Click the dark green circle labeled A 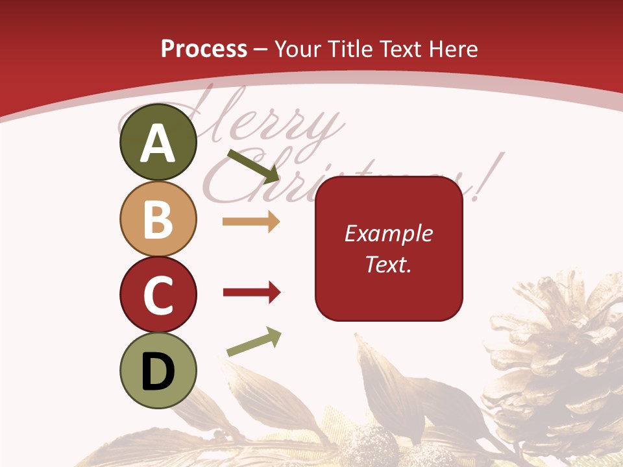click(158, 142)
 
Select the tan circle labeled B click(158, 219)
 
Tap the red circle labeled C click(158, 294)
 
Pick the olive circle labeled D click(158, 370)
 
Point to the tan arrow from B click(251, 221)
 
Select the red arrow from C click(251, 293)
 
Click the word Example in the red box click(388, 233)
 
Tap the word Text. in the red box click(388, 265)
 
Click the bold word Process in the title click(204, 49)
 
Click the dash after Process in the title click(261, 49)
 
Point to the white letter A click(158, 143)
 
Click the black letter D click(158, 371)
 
